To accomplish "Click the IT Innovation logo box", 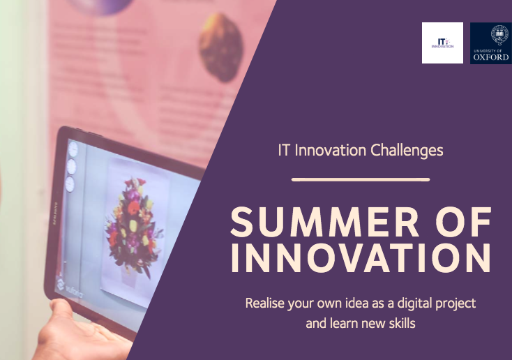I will (x=442, y=43).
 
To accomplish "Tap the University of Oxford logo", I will (x=490, y=43).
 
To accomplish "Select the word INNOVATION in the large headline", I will (x=361, y=258).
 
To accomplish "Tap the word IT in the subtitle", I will (x=284, y=150).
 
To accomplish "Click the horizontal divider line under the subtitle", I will (x=360, y=180).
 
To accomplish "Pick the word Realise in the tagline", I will (x=266, y=304).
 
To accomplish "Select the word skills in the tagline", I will (x=401, y=324).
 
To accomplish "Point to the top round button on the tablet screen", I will (x=73, y=149).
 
